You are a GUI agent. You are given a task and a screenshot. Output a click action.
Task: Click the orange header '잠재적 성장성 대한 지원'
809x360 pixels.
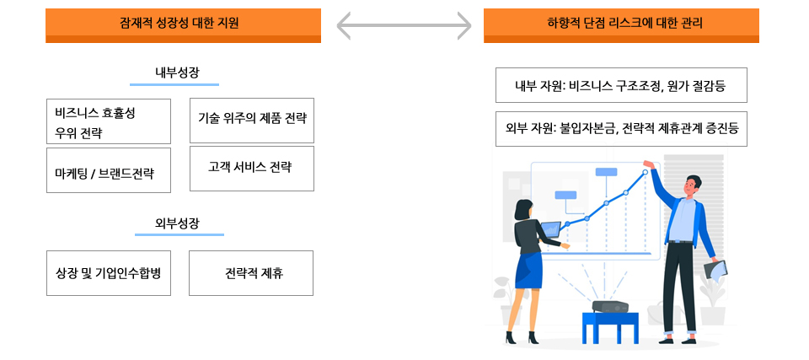(x=183, y=24)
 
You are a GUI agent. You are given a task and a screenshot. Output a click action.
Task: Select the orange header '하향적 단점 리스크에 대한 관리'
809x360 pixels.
(x=621, y=24)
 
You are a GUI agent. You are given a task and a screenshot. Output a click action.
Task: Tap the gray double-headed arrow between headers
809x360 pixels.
(x=403, y=25)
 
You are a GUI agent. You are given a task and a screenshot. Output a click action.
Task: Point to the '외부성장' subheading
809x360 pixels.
(x=177, y=223)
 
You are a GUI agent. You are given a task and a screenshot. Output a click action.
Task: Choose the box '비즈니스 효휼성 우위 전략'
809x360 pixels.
(x=109, y=121)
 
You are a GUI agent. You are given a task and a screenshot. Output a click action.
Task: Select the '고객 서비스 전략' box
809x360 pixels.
(x=252, y=168)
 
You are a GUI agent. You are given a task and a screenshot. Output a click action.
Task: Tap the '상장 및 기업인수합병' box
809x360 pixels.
(x=109, y=273)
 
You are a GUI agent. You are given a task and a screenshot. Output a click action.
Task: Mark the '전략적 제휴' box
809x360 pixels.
(x=251, y=273)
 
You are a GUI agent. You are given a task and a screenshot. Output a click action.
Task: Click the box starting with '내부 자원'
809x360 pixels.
(x=621, y=85)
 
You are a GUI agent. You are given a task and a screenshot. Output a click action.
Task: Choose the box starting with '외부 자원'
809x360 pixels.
(x=621, y=128)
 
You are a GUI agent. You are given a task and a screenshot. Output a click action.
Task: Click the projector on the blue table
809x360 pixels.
(x=611, y=307)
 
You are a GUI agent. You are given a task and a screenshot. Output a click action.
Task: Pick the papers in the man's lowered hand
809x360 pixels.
(x=715, y=270)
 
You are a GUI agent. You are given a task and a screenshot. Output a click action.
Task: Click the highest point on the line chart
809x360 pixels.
(x=646, y=172)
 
